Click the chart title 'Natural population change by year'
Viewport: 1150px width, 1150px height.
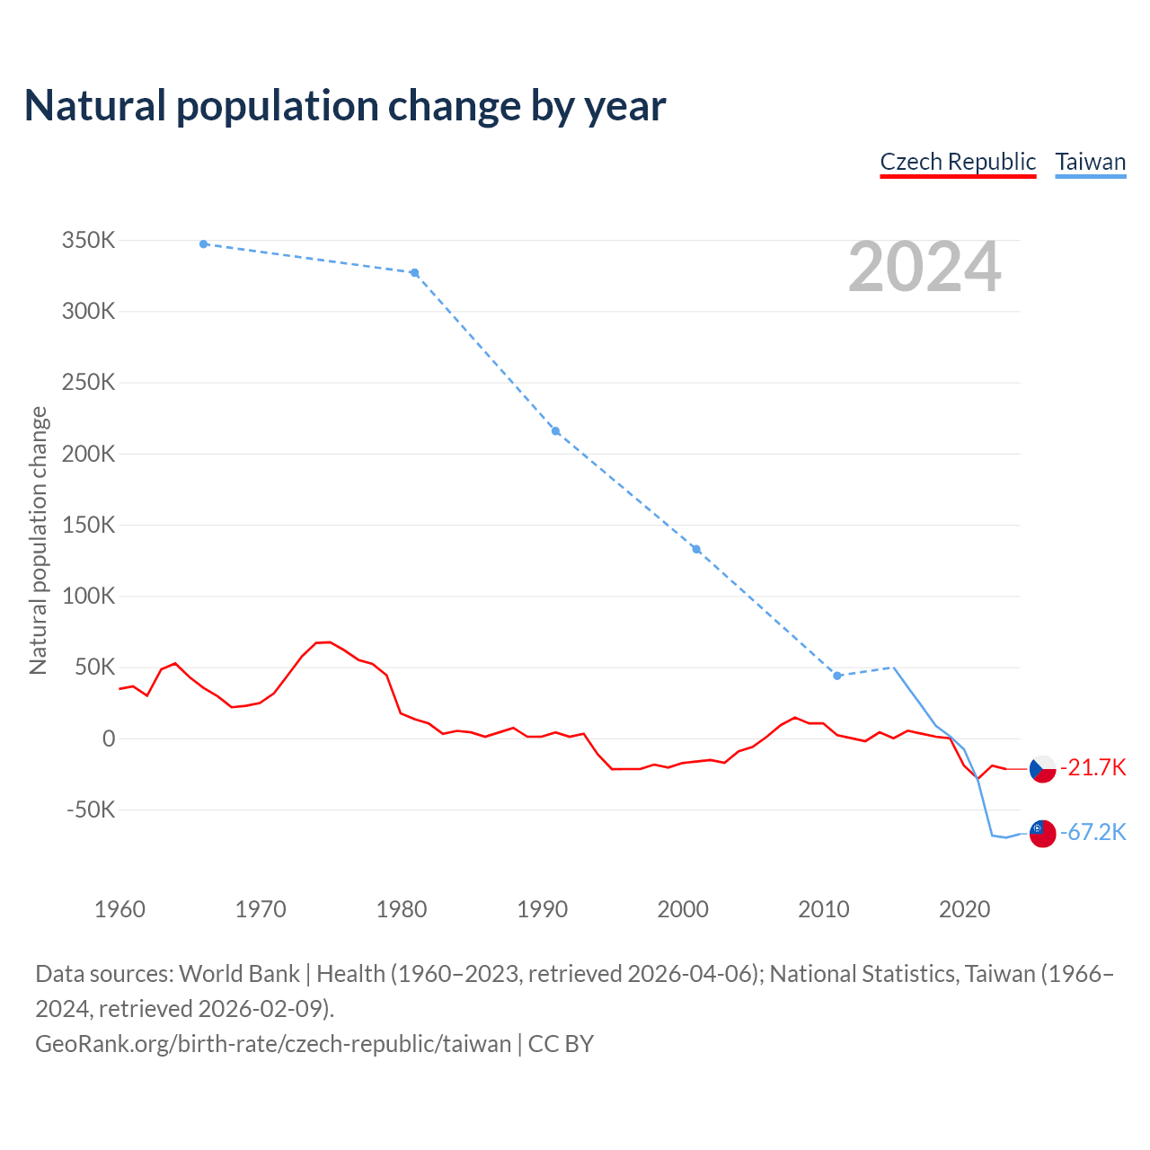[x=345, y=106]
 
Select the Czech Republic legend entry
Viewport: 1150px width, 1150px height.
[x=958, y=162]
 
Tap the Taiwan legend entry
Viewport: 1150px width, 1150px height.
[x=1091, y=162]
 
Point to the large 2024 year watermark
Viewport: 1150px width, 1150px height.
[x=924, y=267]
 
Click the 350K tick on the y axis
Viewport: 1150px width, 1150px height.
[x=89, y=241]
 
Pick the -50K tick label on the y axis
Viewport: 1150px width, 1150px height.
[x=91, y=809]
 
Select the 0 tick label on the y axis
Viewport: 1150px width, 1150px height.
[x=109, y=739]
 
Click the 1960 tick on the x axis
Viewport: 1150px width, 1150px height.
[x=119, y=909]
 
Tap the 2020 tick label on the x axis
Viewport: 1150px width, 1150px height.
[x=965, y=909]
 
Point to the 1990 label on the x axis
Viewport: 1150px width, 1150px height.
[x=543, y=909]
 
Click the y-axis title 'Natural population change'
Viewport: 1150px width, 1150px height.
[x=38, y=540]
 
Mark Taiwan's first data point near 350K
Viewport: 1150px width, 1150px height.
[x=204, y=244]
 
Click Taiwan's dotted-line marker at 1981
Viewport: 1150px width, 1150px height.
[x=414, y=273]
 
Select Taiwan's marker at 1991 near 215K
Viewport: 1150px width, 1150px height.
[x=555, y=431]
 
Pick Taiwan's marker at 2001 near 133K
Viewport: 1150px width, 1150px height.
[x=696, y=549]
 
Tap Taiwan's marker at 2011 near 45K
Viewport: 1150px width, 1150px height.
[x=837, y=676]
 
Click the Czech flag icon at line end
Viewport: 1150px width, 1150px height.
[x=1042, y=769]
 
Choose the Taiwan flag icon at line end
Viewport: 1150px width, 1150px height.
[x=1042, y=834]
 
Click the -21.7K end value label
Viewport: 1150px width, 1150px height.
[x=1093, y=767]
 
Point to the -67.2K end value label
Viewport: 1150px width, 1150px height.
[x=1093, y=832]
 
